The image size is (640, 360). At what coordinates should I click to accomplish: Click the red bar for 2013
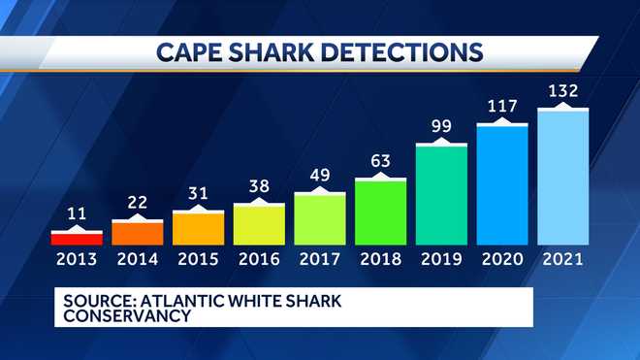point(77,237)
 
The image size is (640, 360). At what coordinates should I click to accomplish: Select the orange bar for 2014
point(137,232)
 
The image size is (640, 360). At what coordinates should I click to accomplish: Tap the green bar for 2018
point(380,211)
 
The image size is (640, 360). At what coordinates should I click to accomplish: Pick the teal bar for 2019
point(441,193)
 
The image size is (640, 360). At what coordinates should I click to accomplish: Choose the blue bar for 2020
point(502,183)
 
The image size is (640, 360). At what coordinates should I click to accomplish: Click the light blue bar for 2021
point(562,176)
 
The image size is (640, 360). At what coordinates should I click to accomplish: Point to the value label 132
point(562,92)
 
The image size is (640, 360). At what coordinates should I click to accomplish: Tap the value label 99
point(441,126)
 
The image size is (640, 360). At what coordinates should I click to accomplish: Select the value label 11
point(77,213)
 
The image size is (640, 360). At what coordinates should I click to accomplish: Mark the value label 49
point(319,175)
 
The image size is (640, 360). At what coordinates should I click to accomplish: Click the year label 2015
point(198,259)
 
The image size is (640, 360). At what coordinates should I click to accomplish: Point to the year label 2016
point(259,259)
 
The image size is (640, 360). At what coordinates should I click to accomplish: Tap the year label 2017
point(319,259)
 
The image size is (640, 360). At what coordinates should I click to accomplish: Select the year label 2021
point(562,259)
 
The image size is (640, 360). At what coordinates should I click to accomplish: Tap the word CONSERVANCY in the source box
point(121,316)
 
